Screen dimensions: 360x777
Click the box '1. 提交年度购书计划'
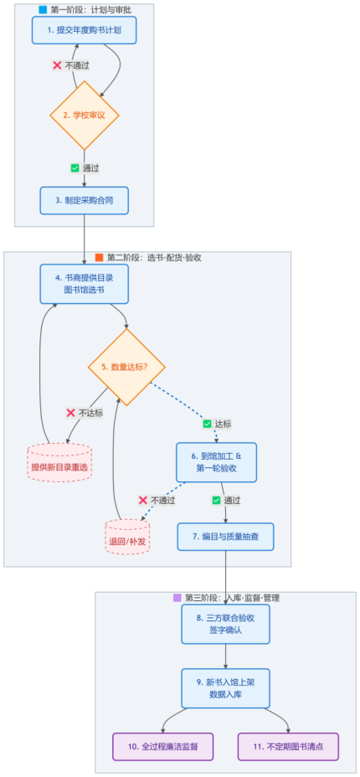coord(85,30)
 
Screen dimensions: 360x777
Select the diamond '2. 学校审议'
coord(85,115)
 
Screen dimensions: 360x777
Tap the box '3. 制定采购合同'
coord(85,200)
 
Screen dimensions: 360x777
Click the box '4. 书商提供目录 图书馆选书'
coord(85,284)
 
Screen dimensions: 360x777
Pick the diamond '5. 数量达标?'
coord(126,368)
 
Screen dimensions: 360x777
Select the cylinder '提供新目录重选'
coord(59,462)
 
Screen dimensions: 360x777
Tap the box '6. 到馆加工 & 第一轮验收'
coord(216,462)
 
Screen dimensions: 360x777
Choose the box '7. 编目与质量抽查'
coord(225,536)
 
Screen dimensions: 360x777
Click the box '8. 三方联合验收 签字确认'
coord(225,624)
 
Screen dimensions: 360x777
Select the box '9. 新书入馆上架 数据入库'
coord(225,688)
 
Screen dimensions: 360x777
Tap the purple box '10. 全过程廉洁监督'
coord(163,746)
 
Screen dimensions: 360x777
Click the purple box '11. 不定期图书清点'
coord(288,746)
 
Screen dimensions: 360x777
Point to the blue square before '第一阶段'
coord(43,9)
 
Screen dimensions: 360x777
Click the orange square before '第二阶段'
coord(99,258)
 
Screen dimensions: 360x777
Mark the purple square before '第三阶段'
coord(177,598)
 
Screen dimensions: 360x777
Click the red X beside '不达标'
coord(70,413)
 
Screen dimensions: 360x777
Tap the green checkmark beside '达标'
coord(207,425)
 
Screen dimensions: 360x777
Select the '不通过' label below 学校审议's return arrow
coord(77,65)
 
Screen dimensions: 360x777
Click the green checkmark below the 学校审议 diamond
coord(75,168)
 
